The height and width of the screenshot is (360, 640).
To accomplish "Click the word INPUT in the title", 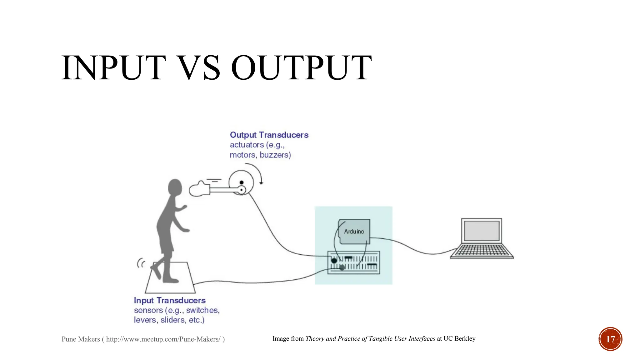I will tap(113, 68).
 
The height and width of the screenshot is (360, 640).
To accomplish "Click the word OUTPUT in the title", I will tap(301, 68).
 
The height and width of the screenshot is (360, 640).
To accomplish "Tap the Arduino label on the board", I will tap(354, 232).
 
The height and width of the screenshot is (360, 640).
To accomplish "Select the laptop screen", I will tap(482, 231).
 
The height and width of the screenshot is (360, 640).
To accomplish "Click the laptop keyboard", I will tap(482, 251).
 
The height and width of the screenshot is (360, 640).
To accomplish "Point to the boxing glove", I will tap(199, 189).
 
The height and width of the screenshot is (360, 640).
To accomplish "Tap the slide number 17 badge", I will tap(610, 339).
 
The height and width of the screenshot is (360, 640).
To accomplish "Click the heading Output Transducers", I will tap(269, 135).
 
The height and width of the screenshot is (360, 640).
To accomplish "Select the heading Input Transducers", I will tap(170, 301).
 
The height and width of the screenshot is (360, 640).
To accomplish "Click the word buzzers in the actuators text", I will tap(275, 155).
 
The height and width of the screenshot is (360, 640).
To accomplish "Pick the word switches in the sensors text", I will tap(202, 310).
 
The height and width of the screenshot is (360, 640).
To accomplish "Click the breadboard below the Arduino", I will tap(353, 262).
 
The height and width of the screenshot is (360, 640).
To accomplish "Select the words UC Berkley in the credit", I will tap(459, 339).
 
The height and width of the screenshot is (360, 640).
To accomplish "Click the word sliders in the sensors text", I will tap(172, 320).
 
